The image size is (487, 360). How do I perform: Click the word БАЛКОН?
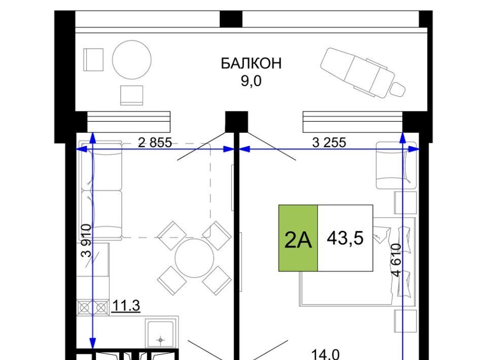[251, 63]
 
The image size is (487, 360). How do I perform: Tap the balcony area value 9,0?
[251, 81]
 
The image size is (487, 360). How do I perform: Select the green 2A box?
[298, 238]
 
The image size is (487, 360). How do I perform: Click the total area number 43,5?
[345, 238]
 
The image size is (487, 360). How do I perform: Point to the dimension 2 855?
[155, 142]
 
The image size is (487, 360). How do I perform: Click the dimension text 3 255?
[329, 142]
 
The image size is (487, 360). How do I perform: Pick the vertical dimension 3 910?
[86, 240]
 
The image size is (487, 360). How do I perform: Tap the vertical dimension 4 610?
[396, 260]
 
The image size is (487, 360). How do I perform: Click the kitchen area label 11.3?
[126, 306]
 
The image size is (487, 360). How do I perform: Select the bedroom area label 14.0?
[325, 354]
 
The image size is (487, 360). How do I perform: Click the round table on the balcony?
[132, 60]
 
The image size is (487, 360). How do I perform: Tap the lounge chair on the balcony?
[363, 73]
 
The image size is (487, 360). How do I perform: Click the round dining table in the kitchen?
[194, 258]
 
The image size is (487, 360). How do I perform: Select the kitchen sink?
[160, 334]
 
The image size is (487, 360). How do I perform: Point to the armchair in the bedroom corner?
[396, 165]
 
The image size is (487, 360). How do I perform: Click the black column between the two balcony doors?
[236, 121]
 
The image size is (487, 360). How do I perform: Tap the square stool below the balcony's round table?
[132, 95]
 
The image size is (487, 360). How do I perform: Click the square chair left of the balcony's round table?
[93, 60]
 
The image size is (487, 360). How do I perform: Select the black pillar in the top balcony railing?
[231, 19]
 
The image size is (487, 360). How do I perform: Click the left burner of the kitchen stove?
[84, 308]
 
